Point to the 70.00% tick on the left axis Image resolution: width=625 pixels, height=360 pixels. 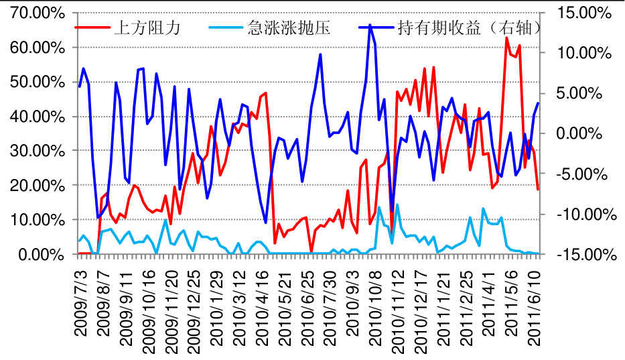click(38, 13)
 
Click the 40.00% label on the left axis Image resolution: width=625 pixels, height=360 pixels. click(38, 117)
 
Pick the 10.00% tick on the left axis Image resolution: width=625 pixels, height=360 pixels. click(38, 220)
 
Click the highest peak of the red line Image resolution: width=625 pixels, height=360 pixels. click(506, 38)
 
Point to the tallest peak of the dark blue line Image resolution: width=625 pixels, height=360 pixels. click(370, 25)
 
